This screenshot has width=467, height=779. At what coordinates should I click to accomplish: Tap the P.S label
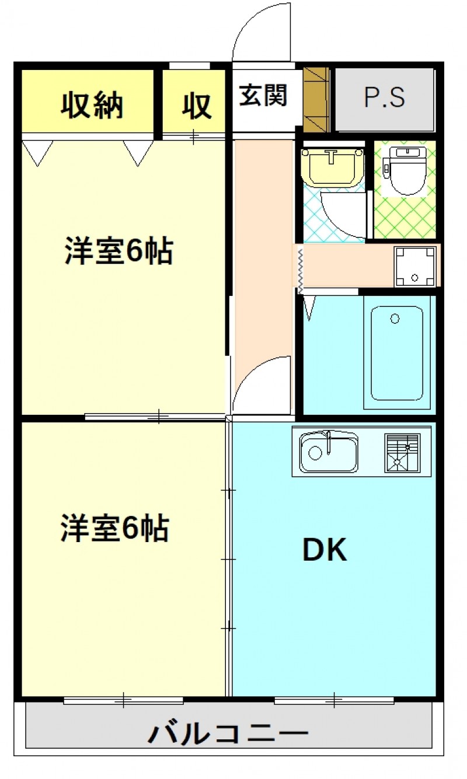[385, 98]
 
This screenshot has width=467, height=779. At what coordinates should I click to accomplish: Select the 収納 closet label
[93, 106]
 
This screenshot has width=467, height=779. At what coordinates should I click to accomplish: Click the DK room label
[325, 550]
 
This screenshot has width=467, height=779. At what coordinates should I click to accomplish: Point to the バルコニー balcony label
[228, 732]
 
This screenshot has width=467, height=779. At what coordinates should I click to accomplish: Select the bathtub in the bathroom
[396, 352]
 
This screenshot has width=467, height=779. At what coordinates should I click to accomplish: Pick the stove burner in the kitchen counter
[402, 453]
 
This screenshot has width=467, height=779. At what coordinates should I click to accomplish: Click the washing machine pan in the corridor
[415, 266]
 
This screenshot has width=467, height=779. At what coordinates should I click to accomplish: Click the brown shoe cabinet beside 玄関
[316, 99]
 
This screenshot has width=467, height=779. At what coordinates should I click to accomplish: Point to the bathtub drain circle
[395, 319]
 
